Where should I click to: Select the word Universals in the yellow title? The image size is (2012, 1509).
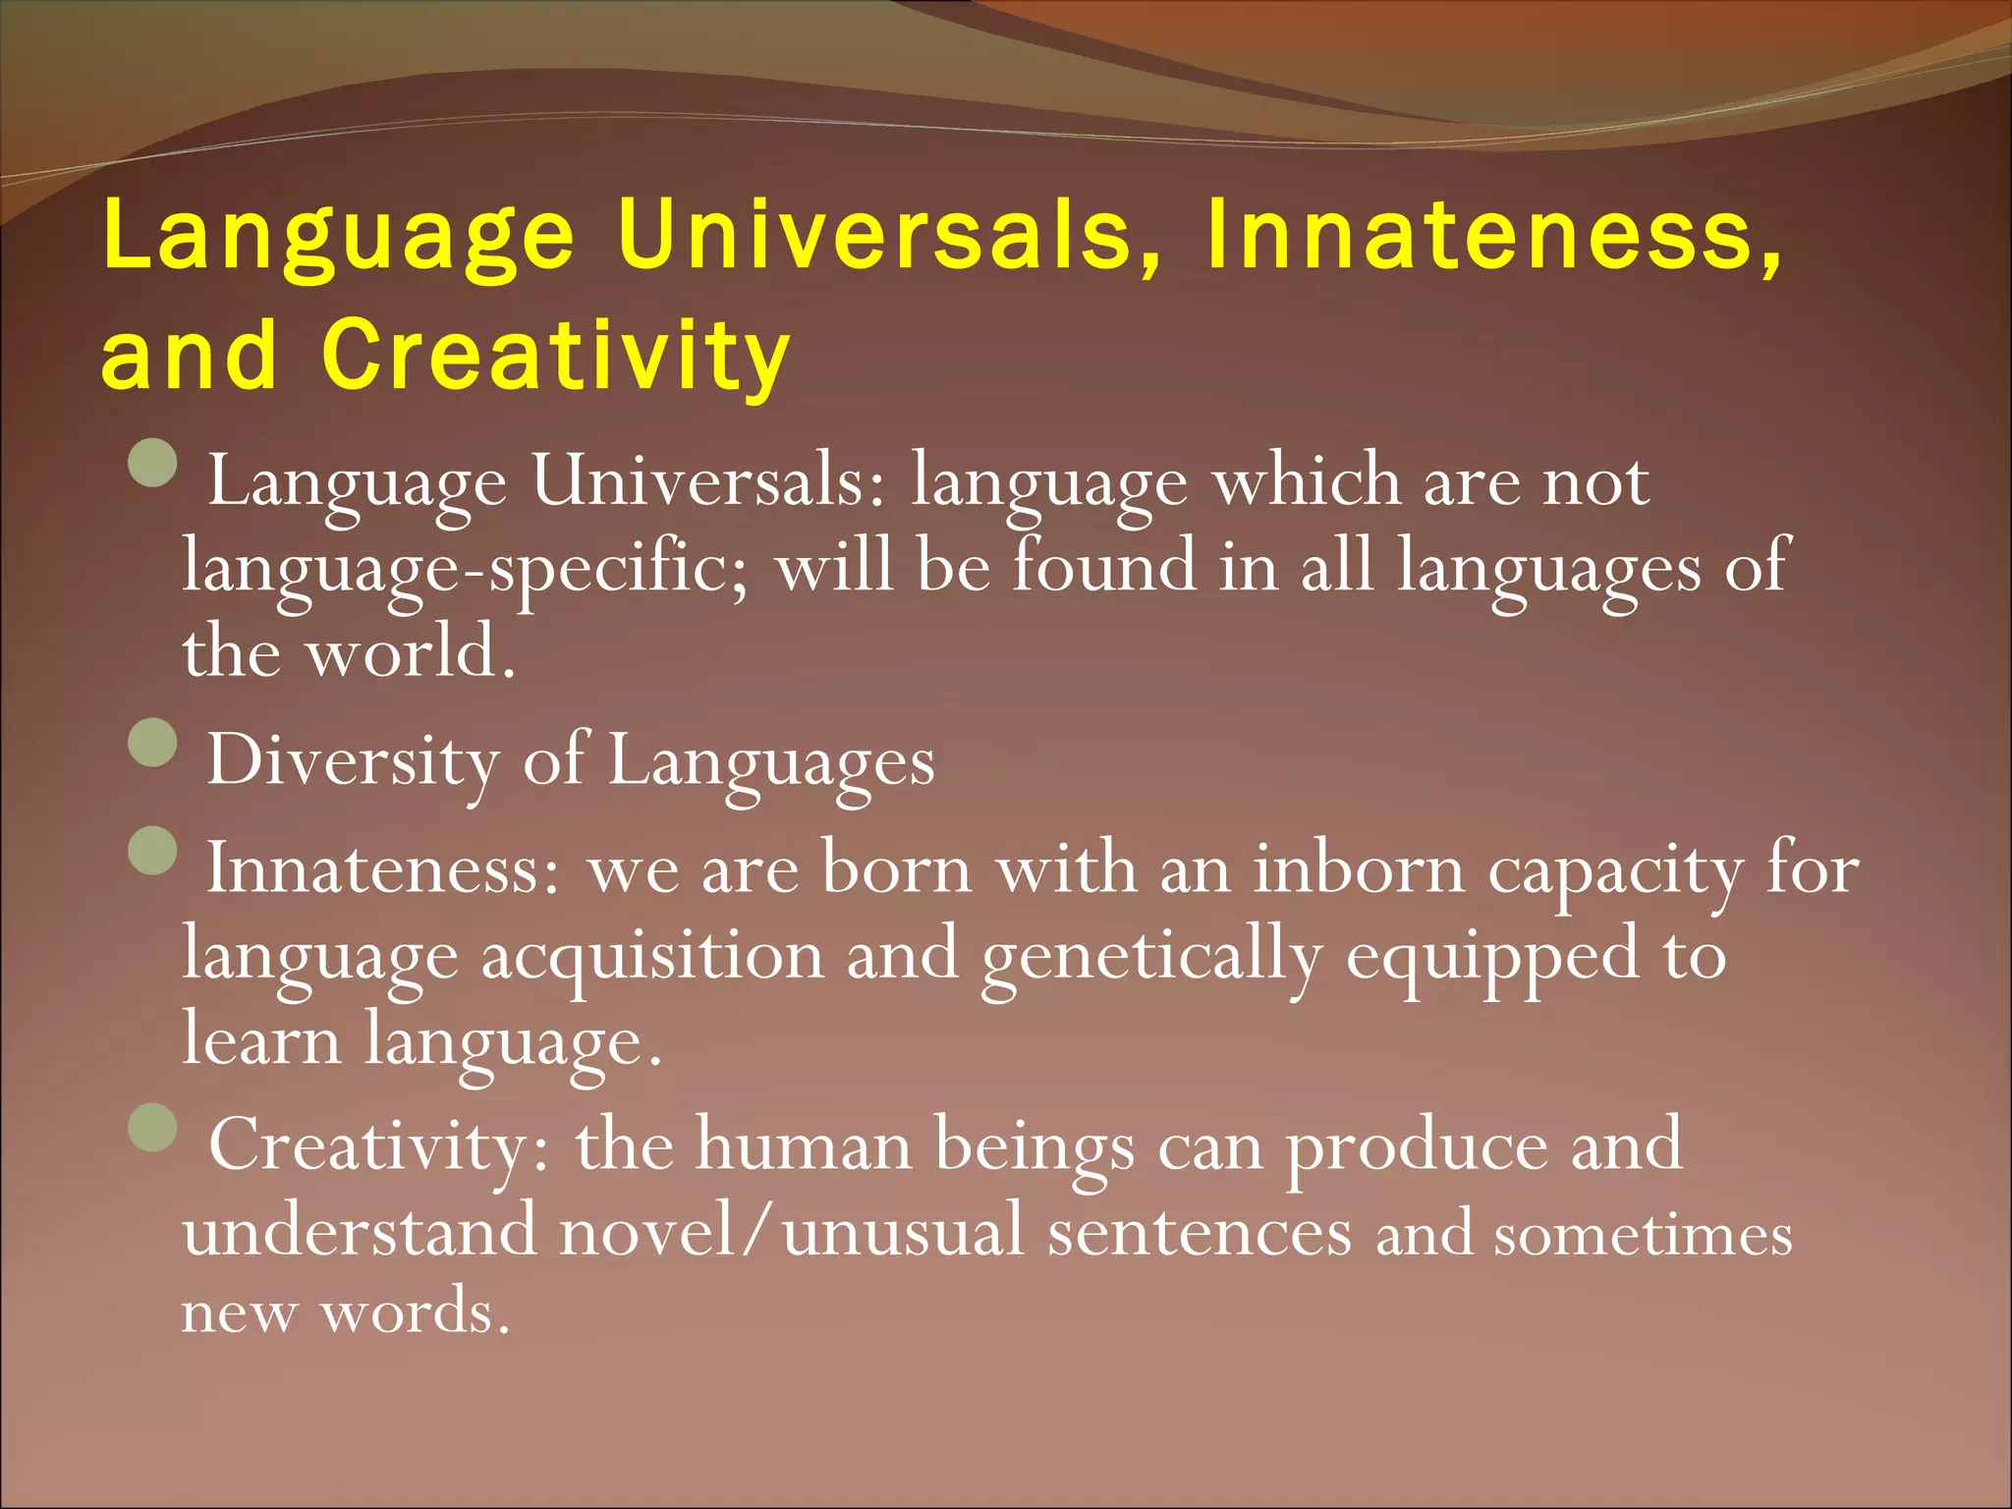[x=889, y=236]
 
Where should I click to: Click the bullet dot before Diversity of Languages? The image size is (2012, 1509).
[x=153, y=744]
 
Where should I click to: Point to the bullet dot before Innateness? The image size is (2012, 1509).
[x=153, y=852]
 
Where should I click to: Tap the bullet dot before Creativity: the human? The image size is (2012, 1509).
[x=153, y=1127]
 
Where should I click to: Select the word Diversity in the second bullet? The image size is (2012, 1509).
[x=353, y=761]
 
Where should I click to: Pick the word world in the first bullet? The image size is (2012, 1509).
[x=410, y=653]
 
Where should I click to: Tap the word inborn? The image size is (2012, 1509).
[x=1358, y=869]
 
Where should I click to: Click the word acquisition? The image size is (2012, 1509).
[x=652, y=956]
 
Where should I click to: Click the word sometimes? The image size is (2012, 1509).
[x=1643, y=1235]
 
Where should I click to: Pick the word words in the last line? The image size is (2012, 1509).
[x=416, y=1312]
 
